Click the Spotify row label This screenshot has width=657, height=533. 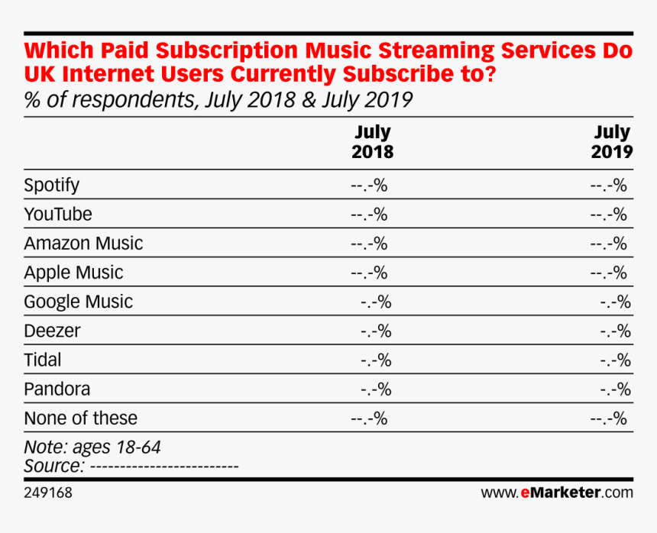(51, 185)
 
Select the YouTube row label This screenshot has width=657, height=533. (57, 214)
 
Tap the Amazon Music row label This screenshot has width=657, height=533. (83, 244)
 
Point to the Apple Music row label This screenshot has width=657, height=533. (73, 273)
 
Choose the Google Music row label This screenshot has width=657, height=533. (78, 302)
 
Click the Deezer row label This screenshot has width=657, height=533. (52, 331)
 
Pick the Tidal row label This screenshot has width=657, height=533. (43, 360)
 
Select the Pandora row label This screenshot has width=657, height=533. (57, 389)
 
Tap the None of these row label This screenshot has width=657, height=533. (80, 418)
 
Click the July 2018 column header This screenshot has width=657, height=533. (372, 143)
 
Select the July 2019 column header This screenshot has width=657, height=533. (612, 143)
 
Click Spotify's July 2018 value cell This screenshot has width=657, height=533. (369, 185)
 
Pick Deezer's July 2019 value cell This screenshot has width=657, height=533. (615, 331)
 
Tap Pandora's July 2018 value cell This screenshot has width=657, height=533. (375, 389)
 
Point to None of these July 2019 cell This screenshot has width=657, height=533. (608, 418)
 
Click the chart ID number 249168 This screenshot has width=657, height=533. (48, 493)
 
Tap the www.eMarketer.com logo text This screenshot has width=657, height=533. (557, 493)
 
